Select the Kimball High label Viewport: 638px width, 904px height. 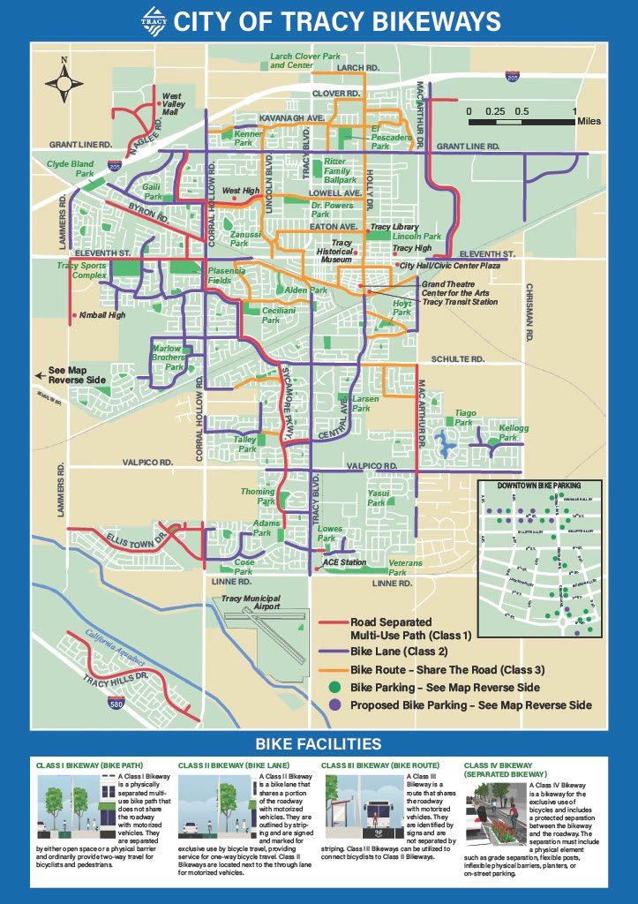(x=102, y=315)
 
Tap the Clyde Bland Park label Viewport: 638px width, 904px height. (x=71, y=169)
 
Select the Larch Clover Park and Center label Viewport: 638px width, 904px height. (x=304, y=61)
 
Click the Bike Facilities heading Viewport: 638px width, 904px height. (x=319, y=743)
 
